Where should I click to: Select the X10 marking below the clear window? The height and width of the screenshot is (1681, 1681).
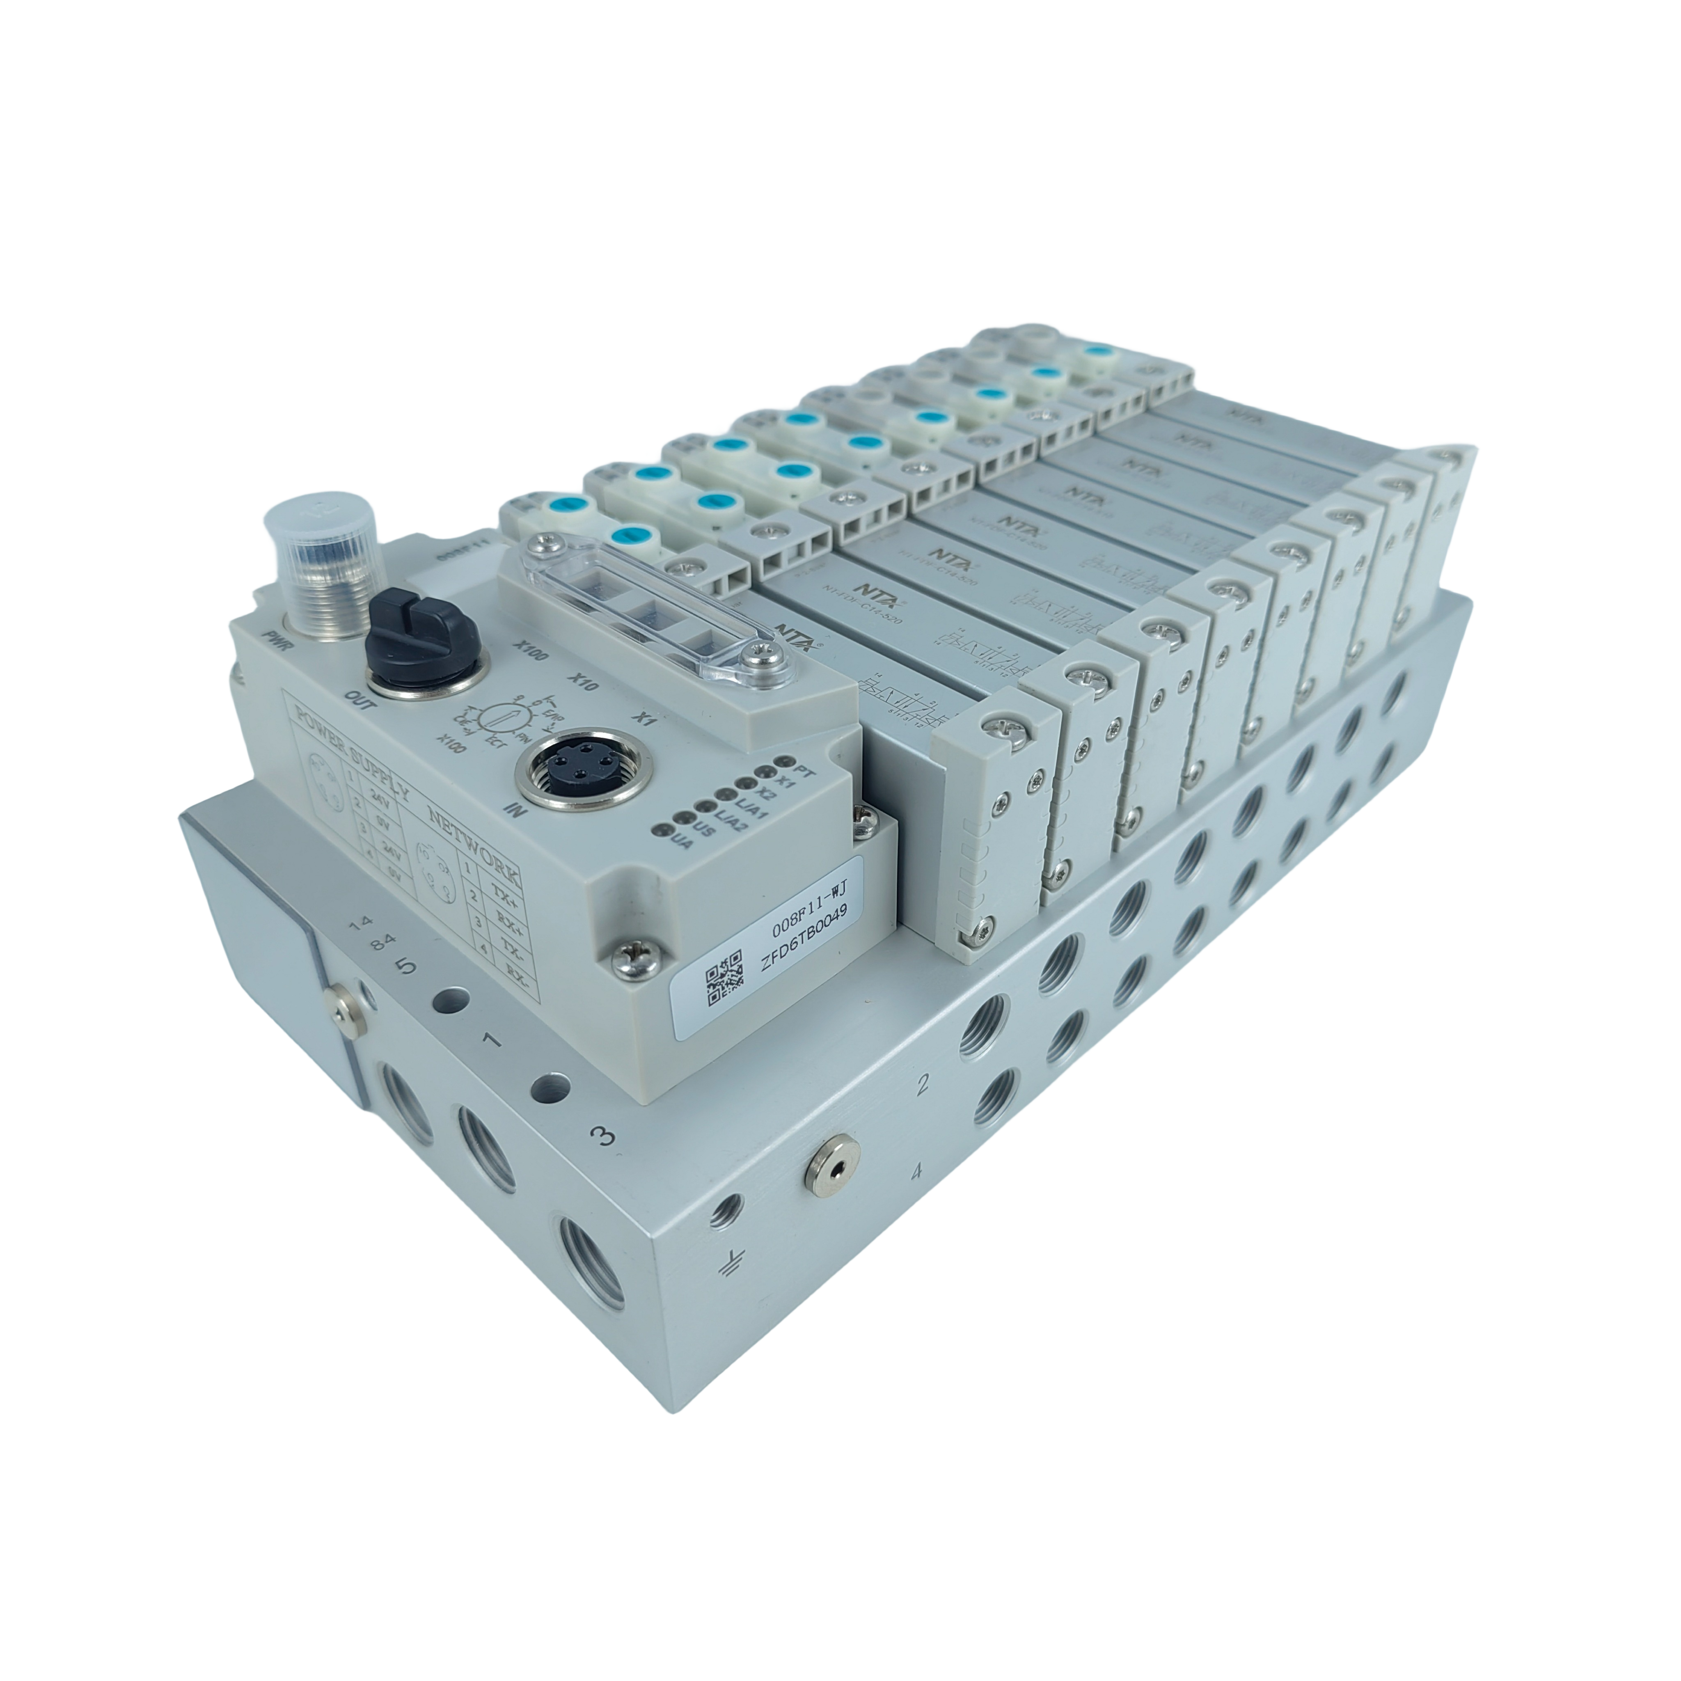pyautogui.click(x=585, y=680)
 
